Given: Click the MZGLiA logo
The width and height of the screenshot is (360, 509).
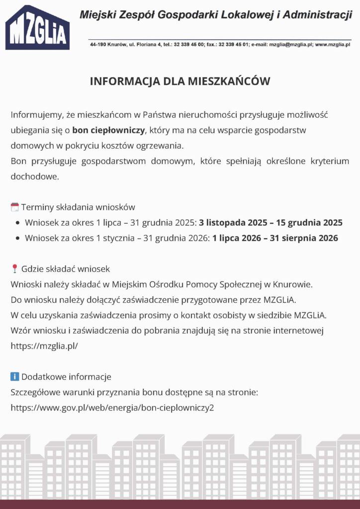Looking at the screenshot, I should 37,28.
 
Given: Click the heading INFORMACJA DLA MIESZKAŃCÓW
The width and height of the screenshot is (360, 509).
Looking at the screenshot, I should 180,82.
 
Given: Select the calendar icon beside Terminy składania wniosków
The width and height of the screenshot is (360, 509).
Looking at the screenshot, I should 15,207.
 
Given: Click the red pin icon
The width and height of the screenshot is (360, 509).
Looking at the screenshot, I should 14,269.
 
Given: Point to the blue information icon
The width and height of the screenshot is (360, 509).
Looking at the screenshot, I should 15,376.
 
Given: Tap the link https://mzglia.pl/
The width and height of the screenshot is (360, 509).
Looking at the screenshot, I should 44,346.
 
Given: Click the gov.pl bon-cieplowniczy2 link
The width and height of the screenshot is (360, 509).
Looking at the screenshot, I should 112,408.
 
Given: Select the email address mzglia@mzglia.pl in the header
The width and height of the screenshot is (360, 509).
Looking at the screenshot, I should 290,44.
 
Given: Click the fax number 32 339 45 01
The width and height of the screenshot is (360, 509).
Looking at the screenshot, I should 229,44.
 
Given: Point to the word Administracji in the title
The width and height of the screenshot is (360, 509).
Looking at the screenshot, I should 316,15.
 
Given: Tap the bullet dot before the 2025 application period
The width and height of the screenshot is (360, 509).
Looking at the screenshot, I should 18,223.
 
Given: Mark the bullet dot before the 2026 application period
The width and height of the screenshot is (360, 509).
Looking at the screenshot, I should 18,239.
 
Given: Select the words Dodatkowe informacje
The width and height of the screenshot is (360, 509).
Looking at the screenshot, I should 66,377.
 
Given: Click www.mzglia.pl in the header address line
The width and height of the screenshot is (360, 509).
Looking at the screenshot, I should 333,44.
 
